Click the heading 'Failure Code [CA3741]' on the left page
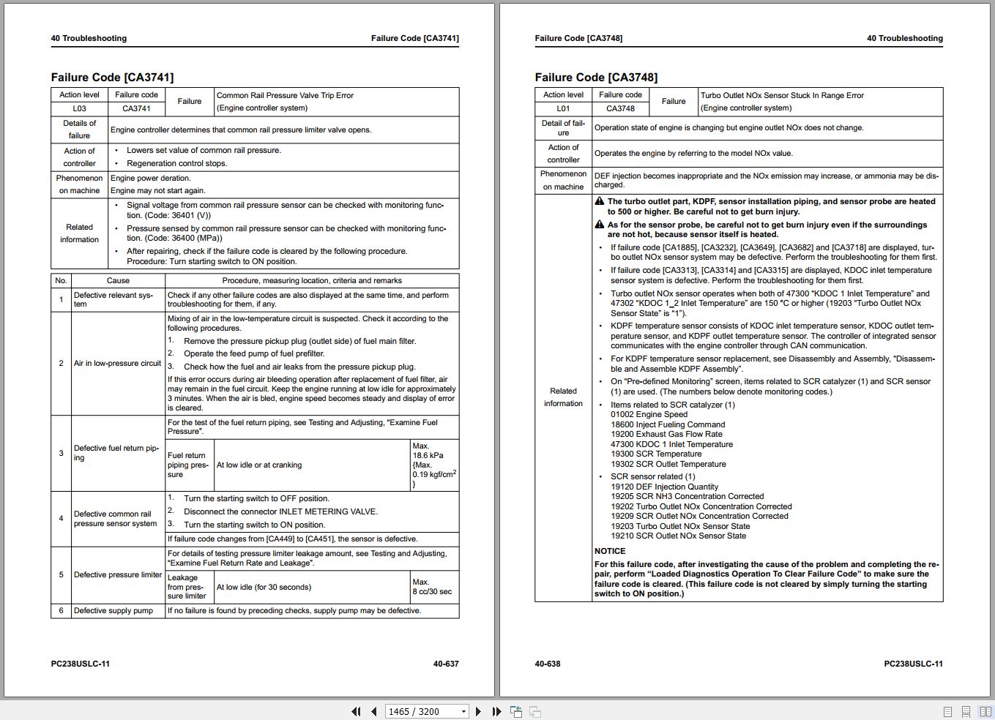[112, 78]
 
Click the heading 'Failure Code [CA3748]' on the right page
[596, 78]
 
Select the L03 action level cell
[79, 108]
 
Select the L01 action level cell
[563, 108]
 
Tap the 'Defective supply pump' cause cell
[113, 610]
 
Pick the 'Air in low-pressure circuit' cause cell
[117, 363]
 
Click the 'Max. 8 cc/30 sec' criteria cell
[433, 587]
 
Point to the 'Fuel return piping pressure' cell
[188, 465]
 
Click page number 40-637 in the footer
[446, 664]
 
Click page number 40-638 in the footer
[548, 664]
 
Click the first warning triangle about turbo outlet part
[599, 201]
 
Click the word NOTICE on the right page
[610, 551]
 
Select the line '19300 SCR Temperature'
[656, 454]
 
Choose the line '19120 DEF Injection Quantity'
[665, 487]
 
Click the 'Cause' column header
[118, 280]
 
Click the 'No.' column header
[61, 280]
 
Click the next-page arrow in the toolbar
[478, 711]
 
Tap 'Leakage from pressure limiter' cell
[187, 587]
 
